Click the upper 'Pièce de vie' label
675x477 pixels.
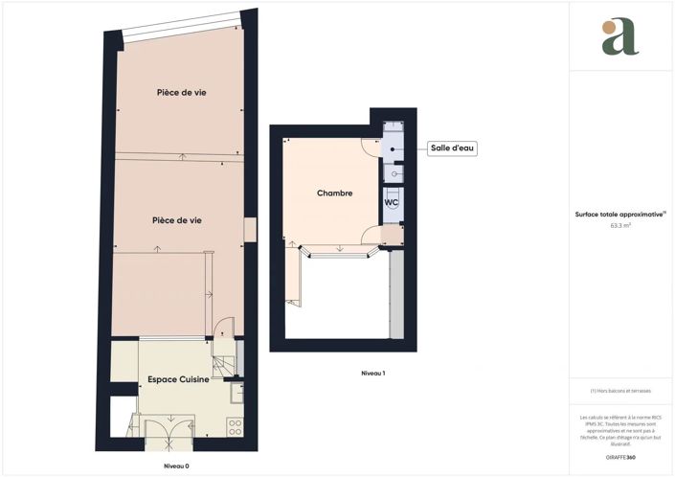tap(182, 93)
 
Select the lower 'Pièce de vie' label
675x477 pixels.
tap(176, 220)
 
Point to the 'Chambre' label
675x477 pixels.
tap(335, 193)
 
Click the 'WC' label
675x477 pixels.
tap(392, 203)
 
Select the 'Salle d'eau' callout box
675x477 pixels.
tap(452, 148)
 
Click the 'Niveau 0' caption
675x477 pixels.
tap(175, 466)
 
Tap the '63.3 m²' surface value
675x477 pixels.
tap(621, 225)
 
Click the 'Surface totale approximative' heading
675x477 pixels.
tap(621, 215)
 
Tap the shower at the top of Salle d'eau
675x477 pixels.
tap(394, 129)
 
